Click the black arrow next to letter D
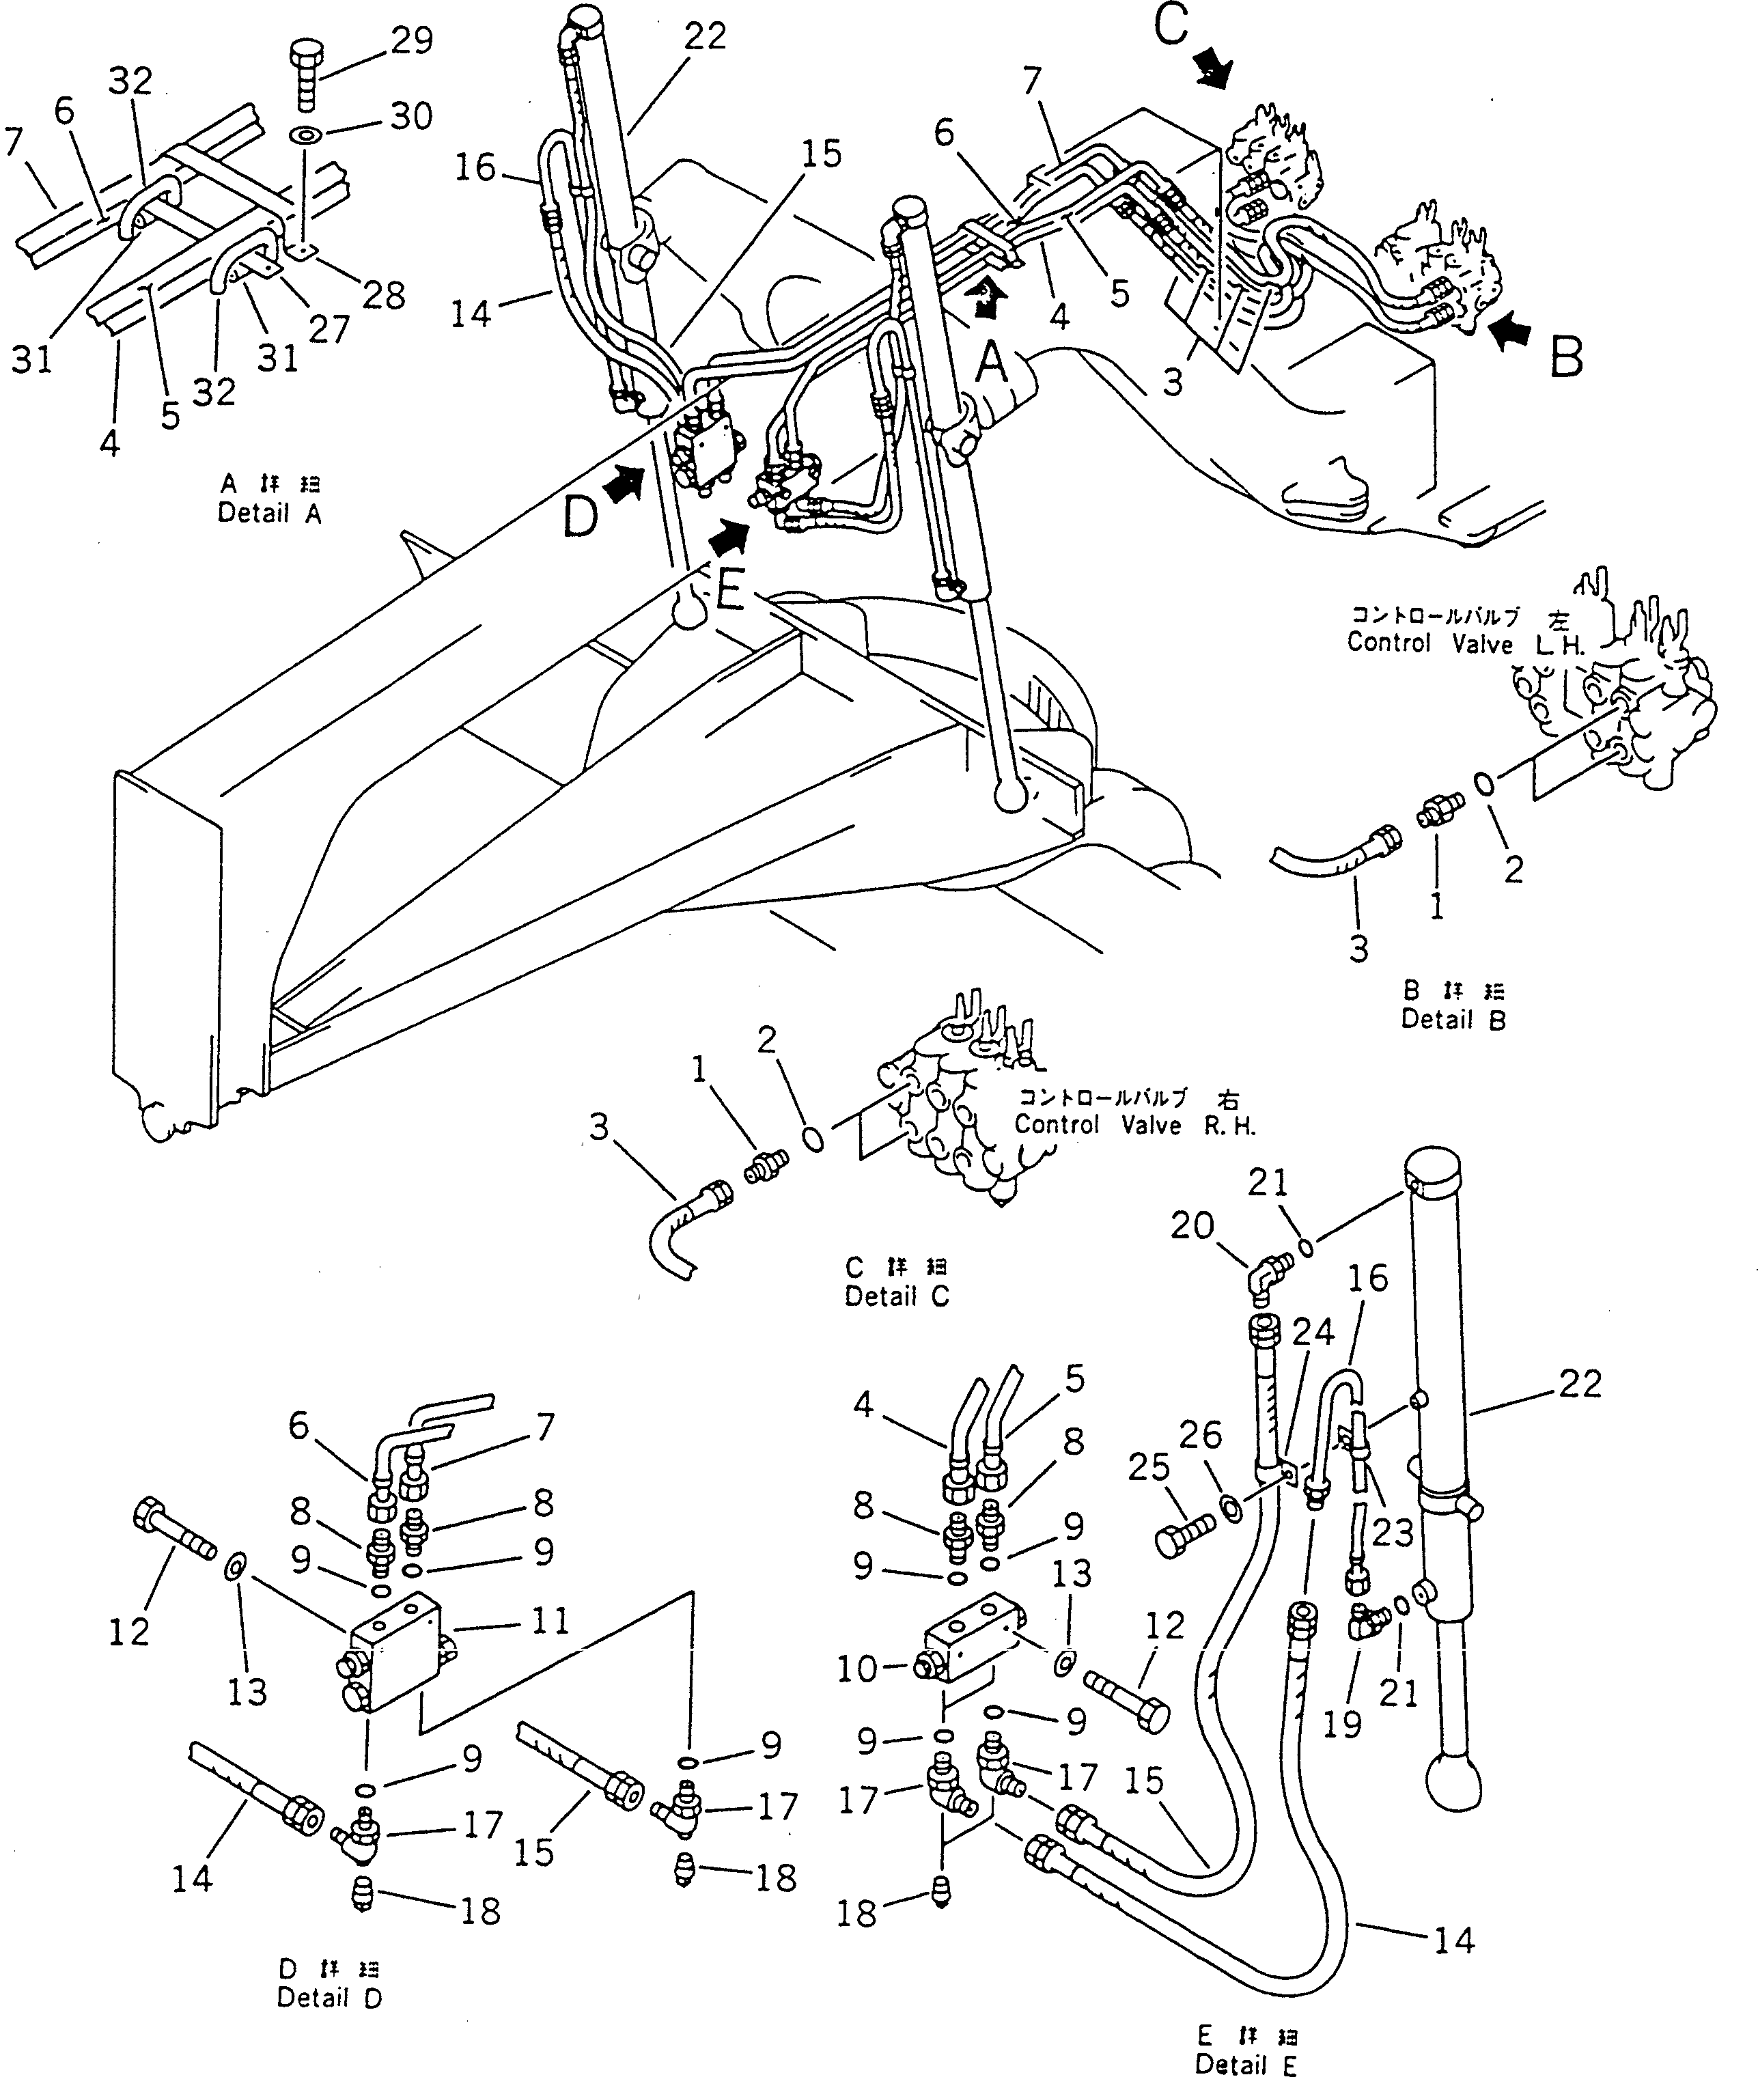pyautogui.click(x=625, y=486)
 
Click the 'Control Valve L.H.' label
pyautogui.click(x=1465, y=643)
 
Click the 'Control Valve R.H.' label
pyautogui.click(x=1135, y=1125)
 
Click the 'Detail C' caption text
pyautogui.click(x=896, y=1296)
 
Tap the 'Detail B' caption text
pyautogui.click(x=1453, y=1020)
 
